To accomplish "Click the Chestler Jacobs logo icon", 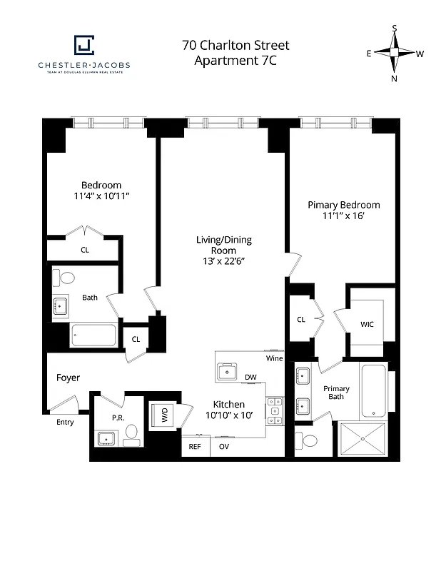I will point(83,46).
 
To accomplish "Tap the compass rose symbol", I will point(394,54).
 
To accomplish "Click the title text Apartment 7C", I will point(235,60).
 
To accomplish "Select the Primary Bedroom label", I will point(343,205).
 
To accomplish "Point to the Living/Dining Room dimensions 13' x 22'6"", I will point(223,261).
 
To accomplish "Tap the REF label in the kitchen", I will point(194,447).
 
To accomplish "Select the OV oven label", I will point(223,447).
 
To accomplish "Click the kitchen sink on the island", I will point(229,371).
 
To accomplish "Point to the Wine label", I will point(274,358).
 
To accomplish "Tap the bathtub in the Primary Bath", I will point(373,392).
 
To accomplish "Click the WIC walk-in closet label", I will point(367,324).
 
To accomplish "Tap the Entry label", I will point(65,422).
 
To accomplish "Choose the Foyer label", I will point(68,378).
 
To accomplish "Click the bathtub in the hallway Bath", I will point(93,335).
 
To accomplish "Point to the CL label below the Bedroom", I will point(84,250).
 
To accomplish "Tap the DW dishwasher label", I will point(250,377).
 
